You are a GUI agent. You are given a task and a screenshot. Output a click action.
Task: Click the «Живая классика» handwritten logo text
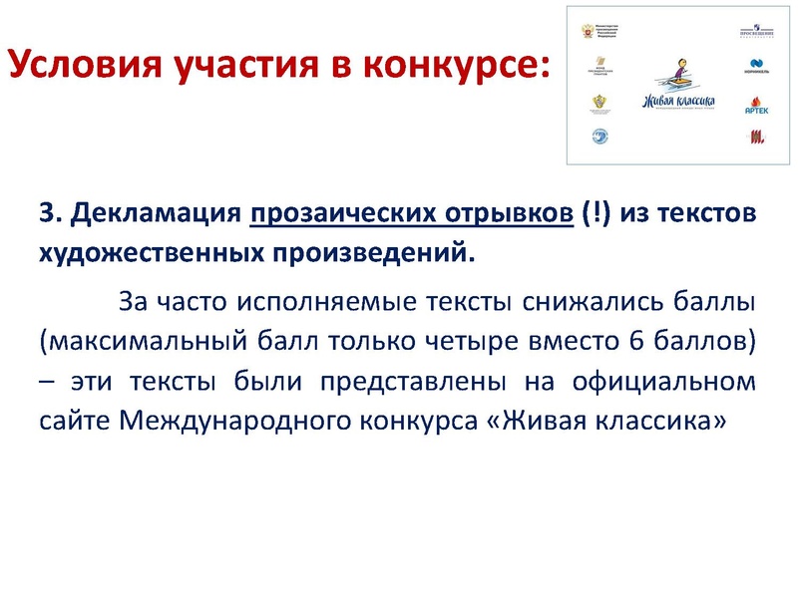[x=678, y=102]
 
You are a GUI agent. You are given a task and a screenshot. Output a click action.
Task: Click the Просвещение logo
[x=756, y=33]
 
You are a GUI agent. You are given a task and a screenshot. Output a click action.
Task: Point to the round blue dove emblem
[x=600, y=137]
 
